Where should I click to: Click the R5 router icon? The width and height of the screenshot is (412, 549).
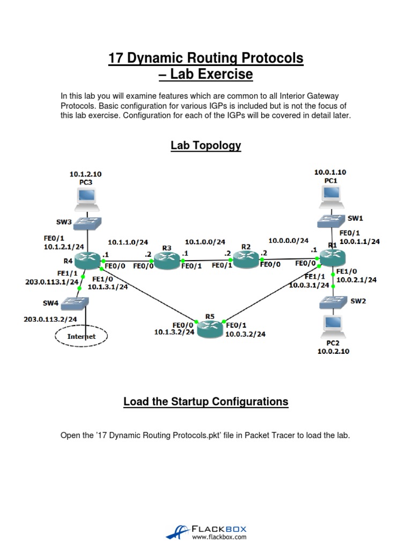(209, 329)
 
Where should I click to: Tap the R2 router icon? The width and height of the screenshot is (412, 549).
(246, 259)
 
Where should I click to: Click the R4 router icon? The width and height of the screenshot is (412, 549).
(87, 261)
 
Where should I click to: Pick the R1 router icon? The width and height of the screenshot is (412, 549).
(333, 259)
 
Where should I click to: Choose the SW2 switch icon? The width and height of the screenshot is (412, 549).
(333, 302)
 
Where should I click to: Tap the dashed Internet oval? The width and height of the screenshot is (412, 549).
(82, 336)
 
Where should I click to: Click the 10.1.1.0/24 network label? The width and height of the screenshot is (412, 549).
(128, 242)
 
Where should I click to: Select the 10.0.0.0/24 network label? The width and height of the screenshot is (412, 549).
(289, 241)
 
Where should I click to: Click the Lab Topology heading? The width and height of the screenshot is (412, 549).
(206, 145)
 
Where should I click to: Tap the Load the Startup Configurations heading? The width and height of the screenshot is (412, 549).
(206, 402)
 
